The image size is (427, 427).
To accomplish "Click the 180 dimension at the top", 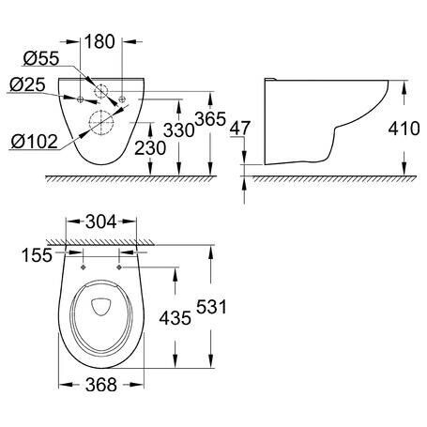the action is click(99, 41).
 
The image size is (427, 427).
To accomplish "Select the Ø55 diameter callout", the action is click(41, 58).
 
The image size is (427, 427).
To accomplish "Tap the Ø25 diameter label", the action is click(27, 84).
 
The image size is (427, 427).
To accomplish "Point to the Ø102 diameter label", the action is click(35, 142).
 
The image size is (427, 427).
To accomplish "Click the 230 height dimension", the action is click(150, 148).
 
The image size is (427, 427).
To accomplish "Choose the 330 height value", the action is click(179, 130).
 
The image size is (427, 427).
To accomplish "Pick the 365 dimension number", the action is click(210, 119).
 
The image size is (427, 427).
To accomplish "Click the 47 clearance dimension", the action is click(240, 129).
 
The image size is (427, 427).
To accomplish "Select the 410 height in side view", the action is click(404, 129).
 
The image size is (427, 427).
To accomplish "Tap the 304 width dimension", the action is click(101, 221).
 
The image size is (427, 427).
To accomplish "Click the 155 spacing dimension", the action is click(37, 255).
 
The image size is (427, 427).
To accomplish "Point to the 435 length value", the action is click(175, 318).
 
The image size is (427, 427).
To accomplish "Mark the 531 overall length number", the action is click(211, 307).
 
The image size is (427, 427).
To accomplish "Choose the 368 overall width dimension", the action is click(101, 385).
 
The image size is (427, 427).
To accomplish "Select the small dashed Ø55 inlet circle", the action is click(101, 91).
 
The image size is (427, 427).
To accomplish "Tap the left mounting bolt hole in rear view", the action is click(80, 99).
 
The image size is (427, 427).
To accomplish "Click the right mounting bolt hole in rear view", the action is click(122, 99).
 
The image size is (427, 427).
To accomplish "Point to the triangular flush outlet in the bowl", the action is click(100, 307).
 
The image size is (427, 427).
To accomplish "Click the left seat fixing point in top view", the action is click(84, 267).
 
